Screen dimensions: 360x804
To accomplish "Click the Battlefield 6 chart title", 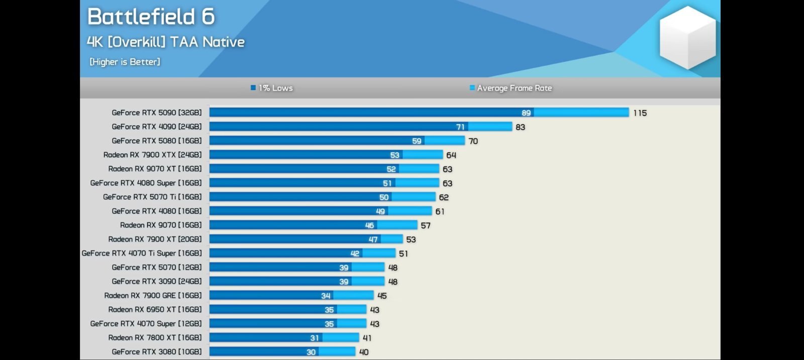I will point(151,17).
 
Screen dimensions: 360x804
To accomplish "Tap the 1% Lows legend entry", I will point(272,88).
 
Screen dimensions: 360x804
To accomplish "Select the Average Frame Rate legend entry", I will point(511,88).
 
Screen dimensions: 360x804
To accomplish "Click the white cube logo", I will point(687,37).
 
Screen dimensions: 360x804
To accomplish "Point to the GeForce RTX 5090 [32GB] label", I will point(156,113).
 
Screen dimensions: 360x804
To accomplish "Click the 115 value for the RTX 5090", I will point(640,113).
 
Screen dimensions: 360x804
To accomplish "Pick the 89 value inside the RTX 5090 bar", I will point(526,113).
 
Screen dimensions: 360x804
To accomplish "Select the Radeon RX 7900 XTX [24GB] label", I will point(152,155).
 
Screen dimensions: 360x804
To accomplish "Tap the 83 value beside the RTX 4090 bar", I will point(520,127).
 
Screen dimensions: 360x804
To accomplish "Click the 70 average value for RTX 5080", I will point(473,141).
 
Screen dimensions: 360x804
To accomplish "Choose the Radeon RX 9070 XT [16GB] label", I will point(155,169).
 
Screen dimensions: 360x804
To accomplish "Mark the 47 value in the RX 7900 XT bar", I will point(373,239).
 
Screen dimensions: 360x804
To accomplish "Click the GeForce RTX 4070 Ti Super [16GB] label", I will point(142,253).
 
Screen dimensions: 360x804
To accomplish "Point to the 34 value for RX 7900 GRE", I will point(326,296).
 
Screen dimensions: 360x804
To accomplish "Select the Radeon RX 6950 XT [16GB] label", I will point(155,310).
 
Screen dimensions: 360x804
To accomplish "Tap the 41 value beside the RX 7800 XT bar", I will point(367,338).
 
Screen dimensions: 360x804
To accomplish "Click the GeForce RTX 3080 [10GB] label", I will point(156,352).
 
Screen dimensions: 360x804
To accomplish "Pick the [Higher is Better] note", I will point(125,62).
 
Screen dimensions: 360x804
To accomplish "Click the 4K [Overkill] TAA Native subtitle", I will point(166,42).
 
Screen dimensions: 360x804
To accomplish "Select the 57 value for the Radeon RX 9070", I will point(426,225).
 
